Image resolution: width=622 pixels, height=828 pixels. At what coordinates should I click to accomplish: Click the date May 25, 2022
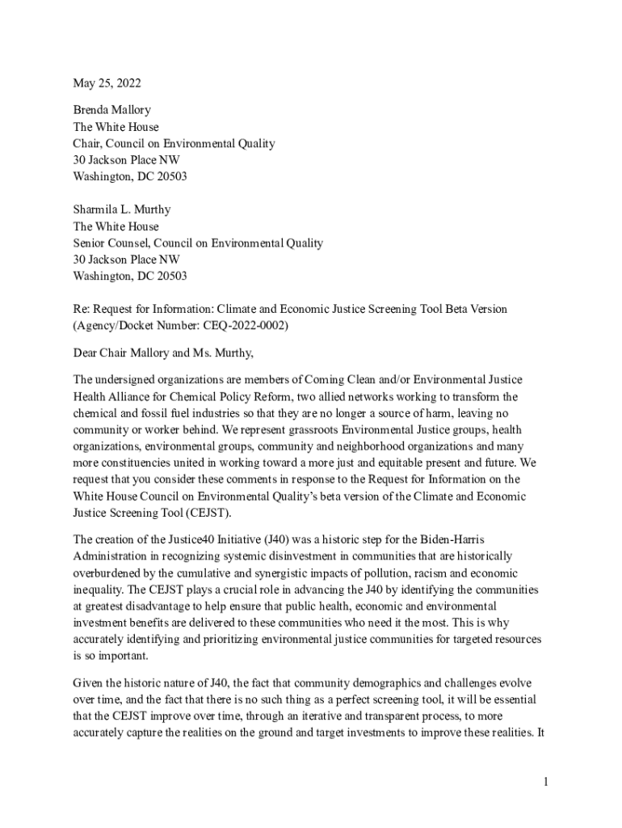(x=101, y=83)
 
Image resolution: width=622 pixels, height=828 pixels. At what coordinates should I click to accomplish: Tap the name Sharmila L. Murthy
(x=122, y=209)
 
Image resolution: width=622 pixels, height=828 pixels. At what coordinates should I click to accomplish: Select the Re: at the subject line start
(x=81, y=310)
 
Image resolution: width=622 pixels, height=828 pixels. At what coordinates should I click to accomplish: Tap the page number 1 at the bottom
(x=546, y=782)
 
